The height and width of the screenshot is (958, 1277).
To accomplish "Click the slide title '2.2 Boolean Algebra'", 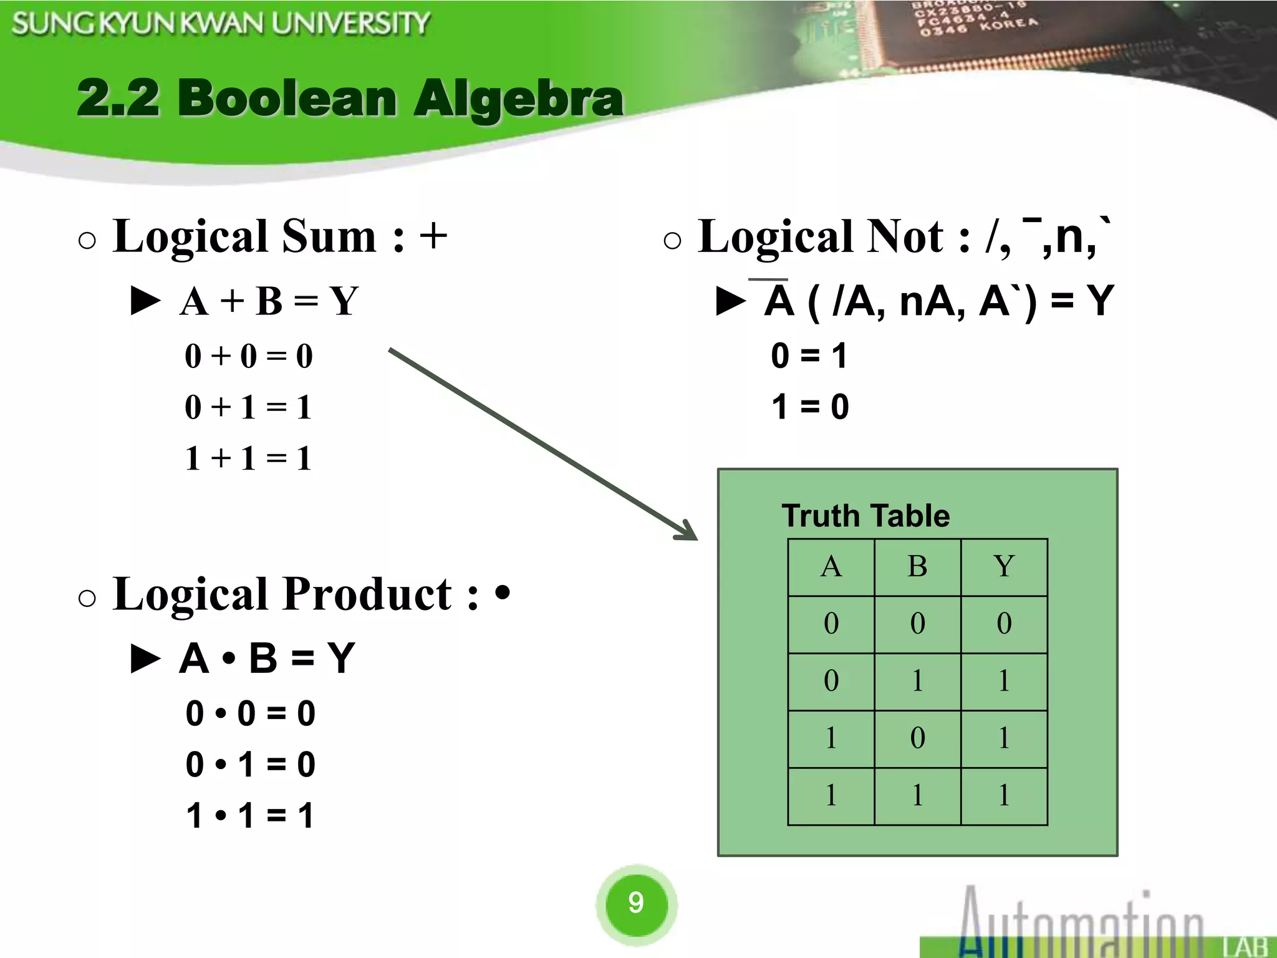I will tap(349, 99).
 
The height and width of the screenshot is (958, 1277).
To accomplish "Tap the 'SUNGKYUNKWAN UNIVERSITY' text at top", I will tap(221, 24).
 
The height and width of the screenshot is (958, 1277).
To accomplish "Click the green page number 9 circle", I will tap(636, 902).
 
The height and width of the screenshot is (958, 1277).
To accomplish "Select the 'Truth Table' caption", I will tap(865, 516).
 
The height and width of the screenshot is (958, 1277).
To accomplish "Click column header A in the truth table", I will tap(831, 567).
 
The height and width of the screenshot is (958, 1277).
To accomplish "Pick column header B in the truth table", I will tap(917, 567).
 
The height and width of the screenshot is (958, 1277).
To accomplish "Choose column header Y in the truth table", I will tap(1004, 567).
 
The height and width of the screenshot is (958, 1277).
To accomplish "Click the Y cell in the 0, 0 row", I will tap(1004, 624).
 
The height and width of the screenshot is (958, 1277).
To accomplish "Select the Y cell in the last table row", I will tap(1004, 796).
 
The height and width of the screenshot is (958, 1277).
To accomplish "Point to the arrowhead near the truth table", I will tap(688, 531).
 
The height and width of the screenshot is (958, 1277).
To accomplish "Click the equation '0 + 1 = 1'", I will tap(248, 407).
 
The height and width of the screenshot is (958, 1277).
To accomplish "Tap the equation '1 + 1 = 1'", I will tap(248, 458).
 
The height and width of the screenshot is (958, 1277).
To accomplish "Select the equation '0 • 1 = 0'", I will tap(250, 764).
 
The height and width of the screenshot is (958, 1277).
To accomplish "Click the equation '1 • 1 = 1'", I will tap(250, 815).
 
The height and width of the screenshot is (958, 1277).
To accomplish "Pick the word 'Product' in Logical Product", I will tap(368, 594).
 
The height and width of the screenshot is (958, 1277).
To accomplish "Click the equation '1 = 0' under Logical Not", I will tap(810, 407).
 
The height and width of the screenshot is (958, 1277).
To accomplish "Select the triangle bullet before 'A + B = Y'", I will tap(146, 301).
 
